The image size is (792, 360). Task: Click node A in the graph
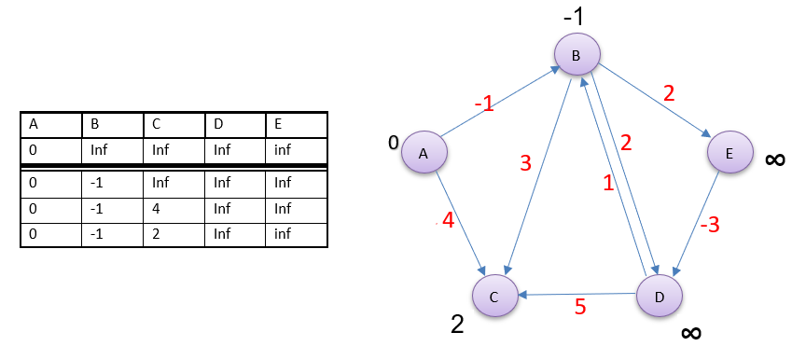coord(424,154)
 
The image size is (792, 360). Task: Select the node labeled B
coord(577,55)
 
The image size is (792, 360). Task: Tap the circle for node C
coord(496,297)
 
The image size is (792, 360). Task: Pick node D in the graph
coord(660,297)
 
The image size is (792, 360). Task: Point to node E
coord(729,154)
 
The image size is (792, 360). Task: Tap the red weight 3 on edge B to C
coord(525,164)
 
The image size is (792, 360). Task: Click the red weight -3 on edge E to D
coord(711,225)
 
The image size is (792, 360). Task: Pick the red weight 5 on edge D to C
coord(580,307)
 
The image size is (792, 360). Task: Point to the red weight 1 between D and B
coord(608,185)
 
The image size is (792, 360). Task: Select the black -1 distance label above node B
coord(573,18)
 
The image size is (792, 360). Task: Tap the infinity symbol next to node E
coord(774,159)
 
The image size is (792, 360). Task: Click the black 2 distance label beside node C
coord(457,324)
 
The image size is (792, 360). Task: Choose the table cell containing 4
coord(174,208)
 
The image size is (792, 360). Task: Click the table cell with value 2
coord(174,234)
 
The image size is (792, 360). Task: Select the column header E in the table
coord(296,125)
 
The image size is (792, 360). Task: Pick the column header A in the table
coord(51,125)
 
